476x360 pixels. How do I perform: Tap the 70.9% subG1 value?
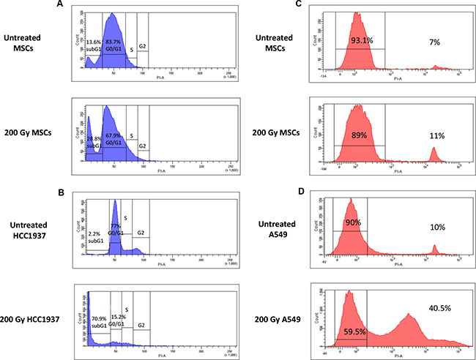[x=100, y=318]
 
